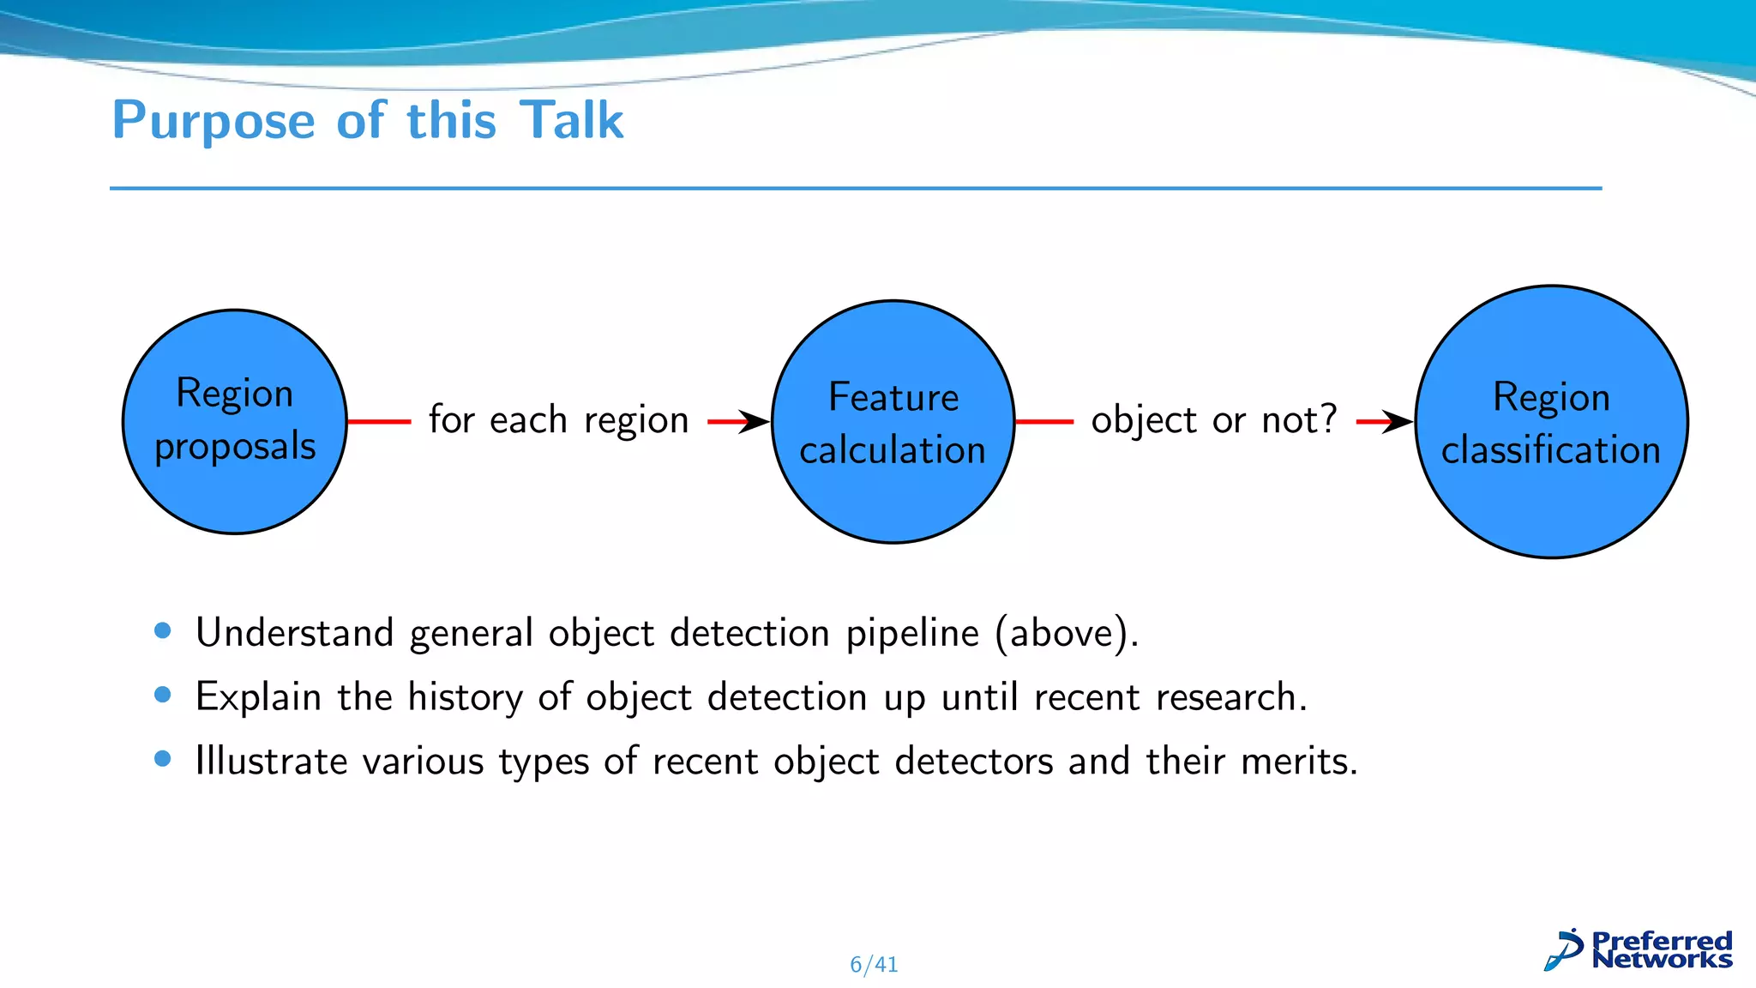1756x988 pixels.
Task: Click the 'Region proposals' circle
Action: tap(234, 421)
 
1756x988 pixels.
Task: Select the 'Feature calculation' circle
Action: tap(893, 421)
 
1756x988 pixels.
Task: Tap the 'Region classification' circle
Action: tap(1550, 421)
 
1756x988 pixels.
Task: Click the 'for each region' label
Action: tap(558, 420)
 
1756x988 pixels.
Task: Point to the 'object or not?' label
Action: tap(1213, 420)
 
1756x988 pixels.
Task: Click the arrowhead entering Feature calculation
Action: tap(755, 421)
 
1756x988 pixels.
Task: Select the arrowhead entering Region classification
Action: tap(1398, 421)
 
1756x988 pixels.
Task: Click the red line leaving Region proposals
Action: tap(379, 421)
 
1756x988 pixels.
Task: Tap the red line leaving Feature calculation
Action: tap(1043, 421)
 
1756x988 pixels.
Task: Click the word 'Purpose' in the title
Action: tap(213, 120)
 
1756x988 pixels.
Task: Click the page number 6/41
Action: tap(874, 965)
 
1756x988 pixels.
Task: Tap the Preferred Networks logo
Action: tap(1638, 950)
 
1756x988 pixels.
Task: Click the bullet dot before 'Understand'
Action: tap(163, 631)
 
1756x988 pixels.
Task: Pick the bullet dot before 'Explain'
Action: tap(163, 695)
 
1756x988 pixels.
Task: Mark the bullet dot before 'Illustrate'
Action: tap(163, 759)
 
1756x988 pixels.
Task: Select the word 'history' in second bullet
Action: tap(465, 697)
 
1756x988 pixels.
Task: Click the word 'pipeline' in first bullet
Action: tap(912, 634)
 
